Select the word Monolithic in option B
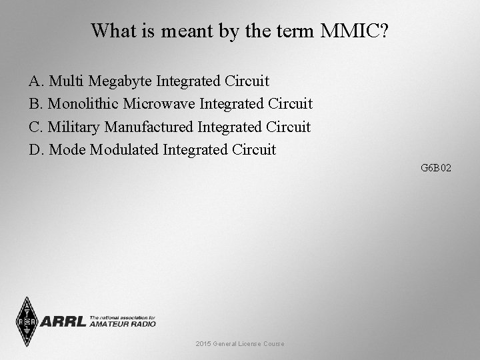tap(83, 104)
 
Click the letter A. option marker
tap(37, 81)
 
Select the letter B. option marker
tap(36, 104)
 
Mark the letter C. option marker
tap(36, 127)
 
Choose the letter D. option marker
tap(37, 149)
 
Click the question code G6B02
tap(436, 168)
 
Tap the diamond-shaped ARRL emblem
tap(27, 322)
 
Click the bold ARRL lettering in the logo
tap(63, 322)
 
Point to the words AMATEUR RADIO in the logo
tap(122, 324)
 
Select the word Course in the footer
tap(273, 343)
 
